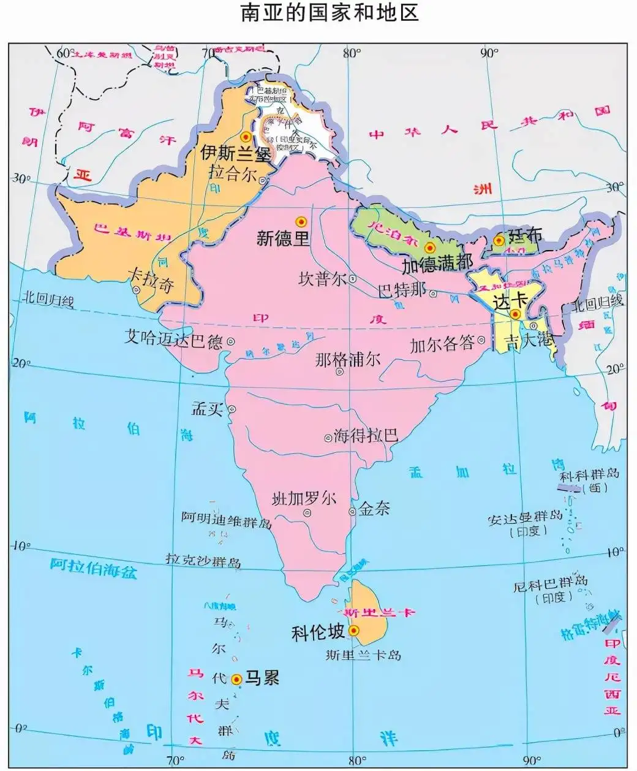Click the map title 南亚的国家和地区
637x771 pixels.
tap(330, 13)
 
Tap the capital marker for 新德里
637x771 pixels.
tap(301, 221)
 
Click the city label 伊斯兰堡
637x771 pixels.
tap(236, 152)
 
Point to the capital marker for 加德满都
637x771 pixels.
tap(429, 248)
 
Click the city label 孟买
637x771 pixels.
tap(207, 409)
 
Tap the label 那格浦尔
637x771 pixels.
tap(347, 360)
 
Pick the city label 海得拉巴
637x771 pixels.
tap(366, 436)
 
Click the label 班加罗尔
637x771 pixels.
tap(304, 499)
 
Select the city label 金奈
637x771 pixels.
tap(374, 509)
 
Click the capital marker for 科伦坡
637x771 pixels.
tap(353, 630)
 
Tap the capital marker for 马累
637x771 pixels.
tap(237, 678)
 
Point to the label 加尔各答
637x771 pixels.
tap(442, 344)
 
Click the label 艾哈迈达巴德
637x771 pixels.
tap(173, 338)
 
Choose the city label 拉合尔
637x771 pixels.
tap(233, 173)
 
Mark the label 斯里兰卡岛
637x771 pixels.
tap(363, 655)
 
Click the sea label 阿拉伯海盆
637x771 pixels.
tap(94, 568)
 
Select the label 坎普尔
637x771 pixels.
tap(322, 279)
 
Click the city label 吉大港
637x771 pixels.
tap(528, 340)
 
